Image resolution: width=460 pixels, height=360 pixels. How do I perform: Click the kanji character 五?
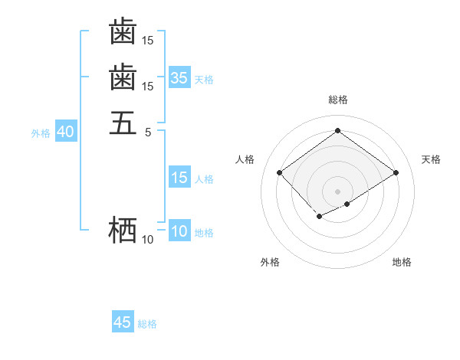(123, 123)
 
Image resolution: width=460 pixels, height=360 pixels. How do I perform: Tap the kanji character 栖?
(123, 230)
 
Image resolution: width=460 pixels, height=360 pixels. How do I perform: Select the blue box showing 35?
(179, 78)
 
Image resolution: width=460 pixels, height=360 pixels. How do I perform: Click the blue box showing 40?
(65, 132)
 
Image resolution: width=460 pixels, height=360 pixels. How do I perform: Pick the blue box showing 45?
(123, 322)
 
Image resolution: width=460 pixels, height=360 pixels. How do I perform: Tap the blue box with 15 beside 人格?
(179, 178)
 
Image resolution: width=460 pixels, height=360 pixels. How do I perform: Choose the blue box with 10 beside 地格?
(179, 232)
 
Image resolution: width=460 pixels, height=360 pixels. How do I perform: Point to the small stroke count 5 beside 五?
(148, 133)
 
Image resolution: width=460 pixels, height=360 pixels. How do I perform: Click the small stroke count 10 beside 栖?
(147, 240)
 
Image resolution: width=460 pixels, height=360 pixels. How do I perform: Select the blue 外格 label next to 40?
(41, 133)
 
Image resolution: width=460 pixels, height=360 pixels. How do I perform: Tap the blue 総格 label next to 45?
(147, 324)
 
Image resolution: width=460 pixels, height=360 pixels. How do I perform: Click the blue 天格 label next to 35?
(204, 80)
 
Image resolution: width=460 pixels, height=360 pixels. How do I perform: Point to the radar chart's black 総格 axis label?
(337, 100)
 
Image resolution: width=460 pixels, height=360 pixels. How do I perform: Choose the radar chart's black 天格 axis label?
(431, 159)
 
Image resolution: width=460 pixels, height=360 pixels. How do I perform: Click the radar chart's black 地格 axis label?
(402, 262)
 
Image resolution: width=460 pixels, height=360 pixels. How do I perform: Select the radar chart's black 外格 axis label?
(270, 262)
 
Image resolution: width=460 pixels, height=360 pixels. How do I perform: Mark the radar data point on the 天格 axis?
(396, 172)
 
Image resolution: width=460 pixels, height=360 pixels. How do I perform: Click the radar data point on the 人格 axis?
(280, 172)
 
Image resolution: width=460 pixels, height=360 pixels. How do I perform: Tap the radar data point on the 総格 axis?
(337, 131)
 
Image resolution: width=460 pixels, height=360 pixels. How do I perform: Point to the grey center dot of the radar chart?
(337, 191)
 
